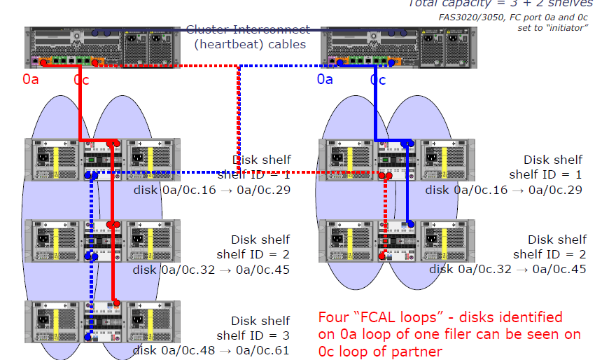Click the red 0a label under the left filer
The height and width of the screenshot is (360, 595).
point(31,80)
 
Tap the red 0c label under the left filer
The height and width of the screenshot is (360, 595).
point(81,80)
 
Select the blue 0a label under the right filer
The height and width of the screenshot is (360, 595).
point(325,80)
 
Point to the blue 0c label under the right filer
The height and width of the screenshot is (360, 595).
point(378,80)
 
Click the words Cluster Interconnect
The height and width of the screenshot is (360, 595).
point(248,30)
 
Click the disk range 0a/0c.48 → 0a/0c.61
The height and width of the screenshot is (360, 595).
point(211,350)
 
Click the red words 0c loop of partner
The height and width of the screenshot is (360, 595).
point(380,351)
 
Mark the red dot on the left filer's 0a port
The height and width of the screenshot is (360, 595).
point(43,63)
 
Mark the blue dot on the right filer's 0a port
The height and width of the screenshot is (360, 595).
point(340,63)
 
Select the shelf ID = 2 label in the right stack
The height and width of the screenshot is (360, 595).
point(549,254)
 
